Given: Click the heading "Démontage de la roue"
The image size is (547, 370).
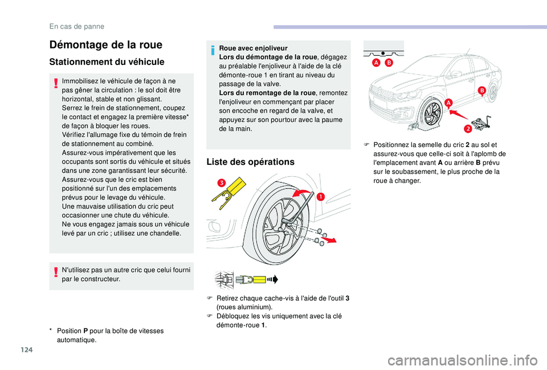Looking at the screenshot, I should click(x=105, y=44).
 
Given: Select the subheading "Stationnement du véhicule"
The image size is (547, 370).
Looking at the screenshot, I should click(x=107, y=62).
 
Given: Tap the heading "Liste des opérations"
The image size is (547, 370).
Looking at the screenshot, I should click(x=251, y=162).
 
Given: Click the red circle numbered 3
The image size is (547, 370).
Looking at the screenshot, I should click(x=220, y=183).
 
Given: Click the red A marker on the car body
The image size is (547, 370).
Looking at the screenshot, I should click(x=448, y=102).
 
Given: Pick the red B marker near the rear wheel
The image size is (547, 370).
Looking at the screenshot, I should click(x=481, y=91).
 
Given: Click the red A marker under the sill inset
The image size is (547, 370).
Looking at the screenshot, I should click(x=377, y=63).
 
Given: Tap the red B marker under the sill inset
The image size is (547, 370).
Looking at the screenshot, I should click(x=389, y=63).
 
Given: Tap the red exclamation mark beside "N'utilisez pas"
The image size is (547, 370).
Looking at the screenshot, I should click(x=55, y=273).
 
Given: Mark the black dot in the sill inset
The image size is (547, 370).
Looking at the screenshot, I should click(x=382, y=50).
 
